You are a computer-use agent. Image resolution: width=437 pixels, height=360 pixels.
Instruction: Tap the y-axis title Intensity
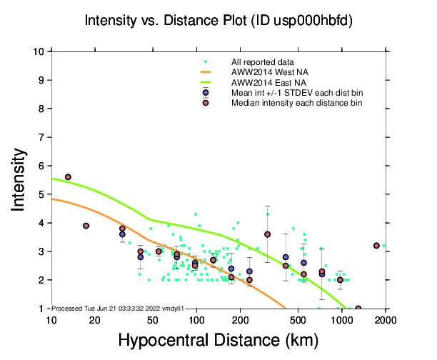point(21,179)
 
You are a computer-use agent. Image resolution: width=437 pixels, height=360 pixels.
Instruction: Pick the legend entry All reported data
point(261,62)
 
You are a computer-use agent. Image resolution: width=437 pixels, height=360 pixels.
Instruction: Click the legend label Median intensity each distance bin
point(296,104)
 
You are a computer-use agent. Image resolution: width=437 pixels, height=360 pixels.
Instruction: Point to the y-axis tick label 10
point(40,51)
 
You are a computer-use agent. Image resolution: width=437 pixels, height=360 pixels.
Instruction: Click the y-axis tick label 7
point(43,137)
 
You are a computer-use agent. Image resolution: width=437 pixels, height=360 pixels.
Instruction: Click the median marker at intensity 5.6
point(68,177)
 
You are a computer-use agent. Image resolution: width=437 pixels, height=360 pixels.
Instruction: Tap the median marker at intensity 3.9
point(86,226)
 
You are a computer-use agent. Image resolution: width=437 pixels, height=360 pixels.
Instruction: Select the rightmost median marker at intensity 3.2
point(376,246)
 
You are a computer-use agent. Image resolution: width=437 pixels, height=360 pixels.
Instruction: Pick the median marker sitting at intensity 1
point(358,309)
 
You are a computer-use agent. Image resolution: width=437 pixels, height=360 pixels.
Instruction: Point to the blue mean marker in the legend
point(206,93)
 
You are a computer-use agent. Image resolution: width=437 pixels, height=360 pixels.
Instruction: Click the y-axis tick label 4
point(43,223)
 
